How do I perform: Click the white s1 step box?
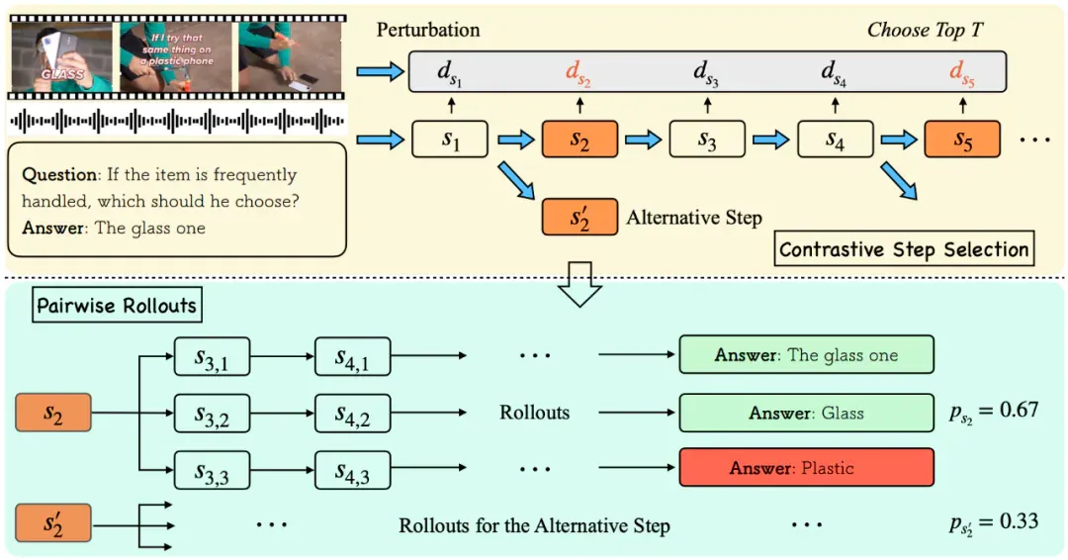[450, 140]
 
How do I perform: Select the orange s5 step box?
[962, 140]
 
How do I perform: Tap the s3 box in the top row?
[707, 140]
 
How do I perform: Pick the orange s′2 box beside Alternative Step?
[579, 218]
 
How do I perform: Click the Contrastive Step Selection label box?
[904, 249]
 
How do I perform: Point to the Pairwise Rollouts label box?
[117, 305]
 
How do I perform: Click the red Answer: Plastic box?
[807, 467]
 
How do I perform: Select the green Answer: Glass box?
[807, 413]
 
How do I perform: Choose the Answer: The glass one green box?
[807, 355]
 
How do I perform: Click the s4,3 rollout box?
[352, 470]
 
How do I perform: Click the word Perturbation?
[428, 30]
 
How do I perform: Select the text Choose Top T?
[925, 30]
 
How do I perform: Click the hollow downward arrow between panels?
[579, 284]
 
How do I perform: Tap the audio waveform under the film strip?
[177, 122]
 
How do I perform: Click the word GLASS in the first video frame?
[62, 73]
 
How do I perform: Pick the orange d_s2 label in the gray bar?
[578, 72]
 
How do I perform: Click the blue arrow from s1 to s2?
[515, 140]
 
